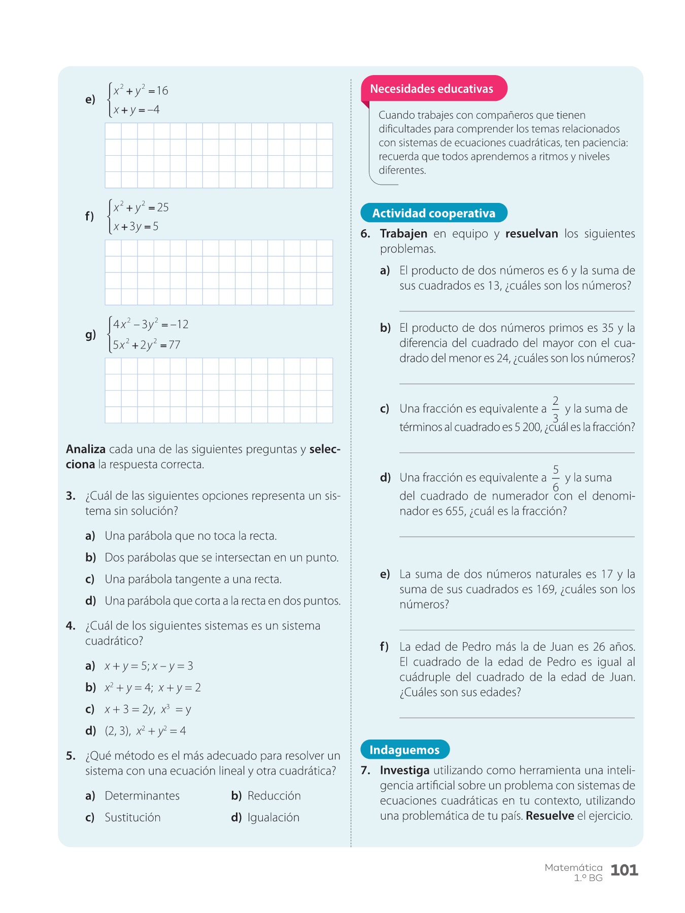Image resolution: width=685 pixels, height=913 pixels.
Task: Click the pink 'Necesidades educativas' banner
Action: [432, 89]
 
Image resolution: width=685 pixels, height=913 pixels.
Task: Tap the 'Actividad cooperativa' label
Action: [434, 213]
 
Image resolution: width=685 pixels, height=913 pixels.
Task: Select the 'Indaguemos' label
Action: [404, 750]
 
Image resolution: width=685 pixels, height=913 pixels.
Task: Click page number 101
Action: [624, 870]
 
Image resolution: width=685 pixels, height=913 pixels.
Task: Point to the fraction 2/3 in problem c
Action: [556, 409]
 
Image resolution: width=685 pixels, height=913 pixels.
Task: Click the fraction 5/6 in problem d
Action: [556, 478]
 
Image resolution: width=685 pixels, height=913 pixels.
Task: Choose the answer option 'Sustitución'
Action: [132, 817]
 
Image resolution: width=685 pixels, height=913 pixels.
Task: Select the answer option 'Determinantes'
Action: [142, 795]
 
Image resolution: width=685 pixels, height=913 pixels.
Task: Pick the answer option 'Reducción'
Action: [274, 795]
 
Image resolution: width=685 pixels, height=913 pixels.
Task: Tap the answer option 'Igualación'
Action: [273, 817]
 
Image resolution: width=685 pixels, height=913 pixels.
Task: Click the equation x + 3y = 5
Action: [136, 226]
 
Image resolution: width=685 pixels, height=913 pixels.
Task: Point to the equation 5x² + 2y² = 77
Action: [147, 345]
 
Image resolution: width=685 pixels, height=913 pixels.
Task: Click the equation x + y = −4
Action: [136, 110]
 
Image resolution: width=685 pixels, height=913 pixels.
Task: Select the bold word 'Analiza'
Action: [86, 449]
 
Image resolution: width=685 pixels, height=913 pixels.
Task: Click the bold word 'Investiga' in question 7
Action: [404, 770]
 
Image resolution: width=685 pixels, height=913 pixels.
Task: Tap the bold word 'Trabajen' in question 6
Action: [403, 233]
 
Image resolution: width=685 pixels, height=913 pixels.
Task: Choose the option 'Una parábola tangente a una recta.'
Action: [193, 579]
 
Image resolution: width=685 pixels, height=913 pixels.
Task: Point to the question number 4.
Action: [71, 625]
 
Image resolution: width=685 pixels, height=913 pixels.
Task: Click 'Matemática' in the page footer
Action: [573, 867]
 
